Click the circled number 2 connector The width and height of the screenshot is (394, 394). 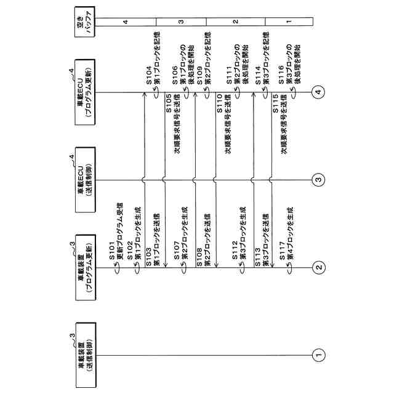318,267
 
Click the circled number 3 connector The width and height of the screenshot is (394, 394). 318,180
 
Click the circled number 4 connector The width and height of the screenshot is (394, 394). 318,92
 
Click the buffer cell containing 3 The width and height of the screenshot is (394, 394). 181,22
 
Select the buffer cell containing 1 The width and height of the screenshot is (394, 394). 289,22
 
